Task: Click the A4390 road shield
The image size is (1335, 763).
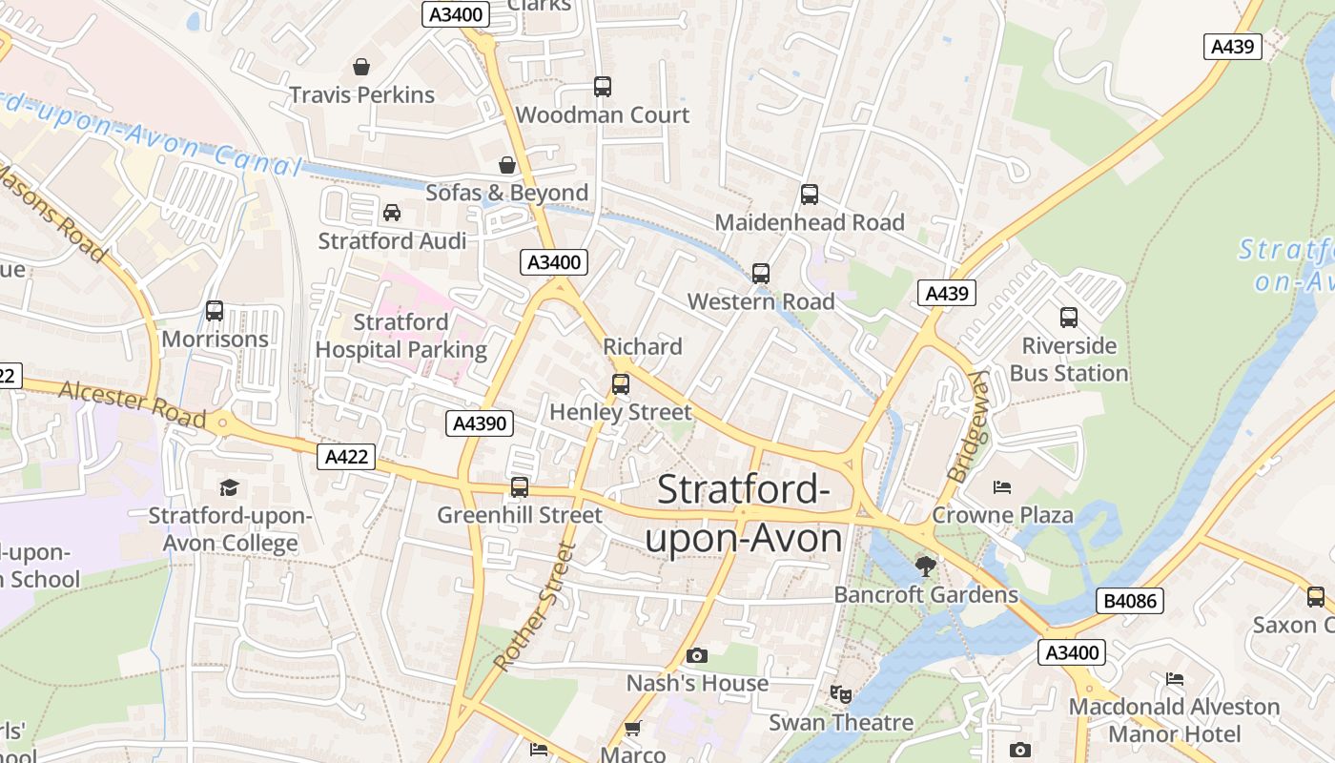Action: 480,423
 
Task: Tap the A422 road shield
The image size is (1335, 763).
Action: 346,457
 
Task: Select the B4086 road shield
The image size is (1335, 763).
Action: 1130,601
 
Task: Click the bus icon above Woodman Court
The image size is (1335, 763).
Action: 602,87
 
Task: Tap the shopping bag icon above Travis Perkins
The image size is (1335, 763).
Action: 361,67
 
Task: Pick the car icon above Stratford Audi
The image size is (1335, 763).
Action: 392,212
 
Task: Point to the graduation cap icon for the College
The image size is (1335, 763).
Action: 229,488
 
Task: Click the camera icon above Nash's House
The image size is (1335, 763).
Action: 697,655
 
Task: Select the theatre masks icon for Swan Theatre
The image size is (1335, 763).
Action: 839,693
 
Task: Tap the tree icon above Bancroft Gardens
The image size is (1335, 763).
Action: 925,567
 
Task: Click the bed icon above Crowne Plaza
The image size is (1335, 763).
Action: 1001,487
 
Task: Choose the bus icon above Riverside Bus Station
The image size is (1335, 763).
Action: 1068,318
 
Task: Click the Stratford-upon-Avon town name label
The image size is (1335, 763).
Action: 744,514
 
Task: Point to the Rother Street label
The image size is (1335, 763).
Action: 537,606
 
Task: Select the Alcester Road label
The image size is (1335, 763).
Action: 133,404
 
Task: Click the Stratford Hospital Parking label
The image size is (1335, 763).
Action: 400,336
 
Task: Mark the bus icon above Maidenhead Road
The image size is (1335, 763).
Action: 809,195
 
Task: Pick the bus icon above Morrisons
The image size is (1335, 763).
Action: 215,311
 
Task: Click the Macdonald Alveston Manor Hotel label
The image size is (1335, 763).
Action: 1174,720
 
